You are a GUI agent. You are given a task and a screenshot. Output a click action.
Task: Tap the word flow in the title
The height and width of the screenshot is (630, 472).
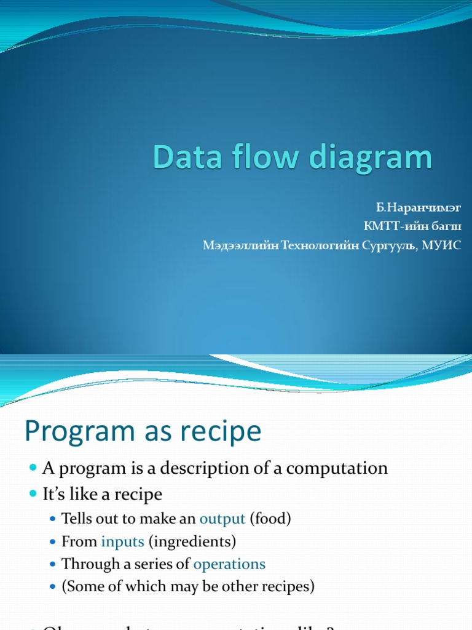pyautogui.click(x=258, y=157)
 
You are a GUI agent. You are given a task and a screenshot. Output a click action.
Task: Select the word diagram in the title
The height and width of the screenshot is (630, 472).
pyautogui.click(x=371, y=159)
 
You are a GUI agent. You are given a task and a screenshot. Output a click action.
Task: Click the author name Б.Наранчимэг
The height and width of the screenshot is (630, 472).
pyautogui.click(x=419, y=209)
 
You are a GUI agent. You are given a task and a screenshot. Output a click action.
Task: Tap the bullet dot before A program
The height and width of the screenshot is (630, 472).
pyautogui.click(x=33, y=469)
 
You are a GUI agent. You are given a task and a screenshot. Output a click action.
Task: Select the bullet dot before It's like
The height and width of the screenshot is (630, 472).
pyautogui.click(x=33, y=494)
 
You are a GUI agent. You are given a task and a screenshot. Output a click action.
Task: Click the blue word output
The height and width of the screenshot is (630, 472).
pyautogui.click(x=222, y=519)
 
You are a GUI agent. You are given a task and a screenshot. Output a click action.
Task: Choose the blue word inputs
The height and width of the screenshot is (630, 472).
pyautogui.click(x=123, y=541)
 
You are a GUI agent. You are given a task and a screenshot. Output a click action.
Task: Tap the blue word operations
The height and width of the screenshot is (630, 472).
pyautogui.click(x=229, y=564)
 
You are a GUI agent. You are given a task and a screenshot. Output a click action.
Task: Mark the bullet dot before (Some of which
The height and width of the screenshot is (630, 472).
pyautogui.click(x=53, y=587)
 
